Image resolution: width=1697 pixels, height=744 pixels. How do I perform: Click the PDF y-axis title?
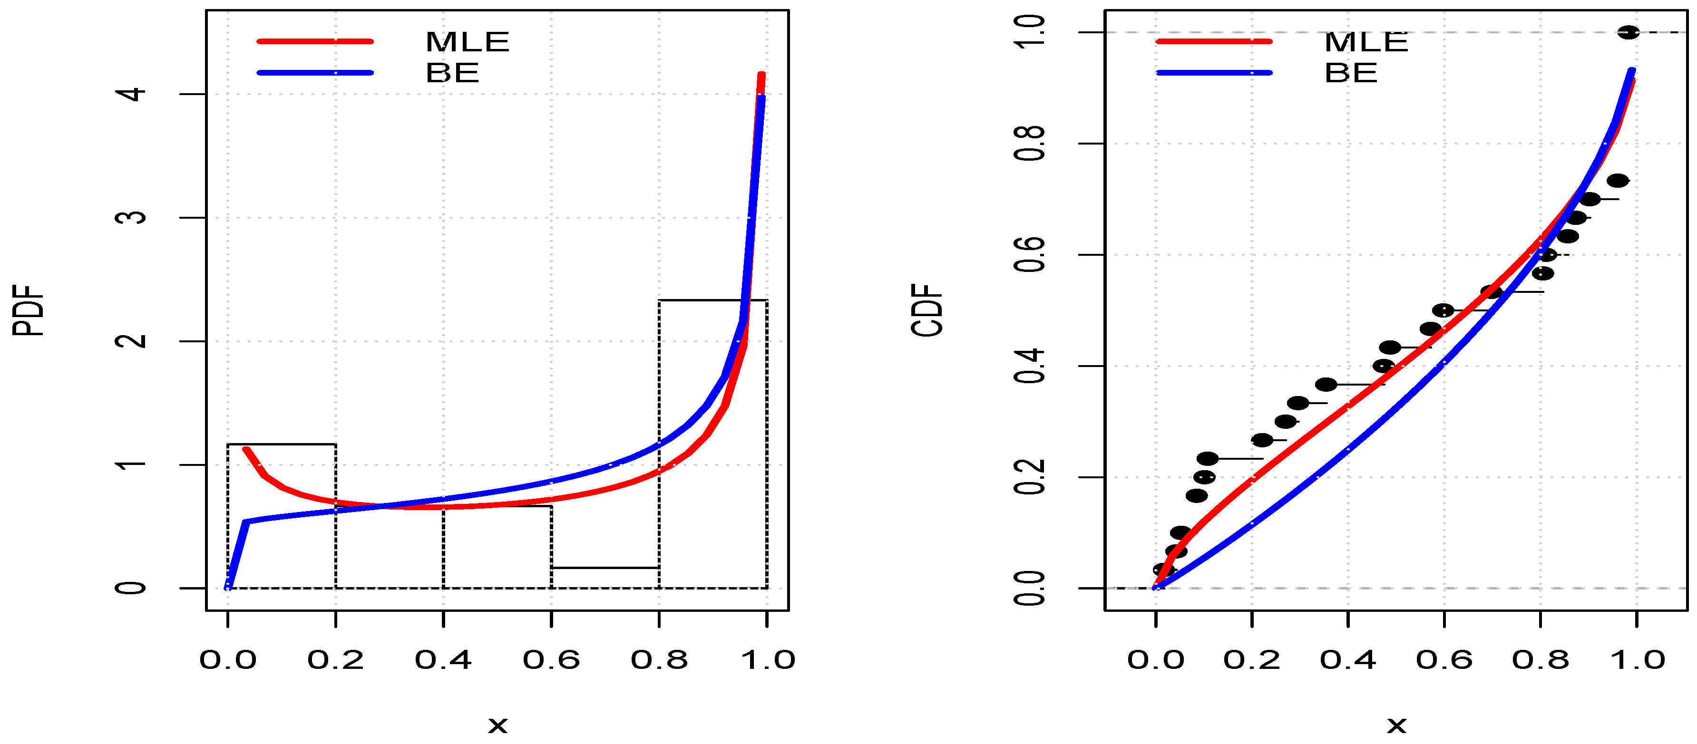(29, 310)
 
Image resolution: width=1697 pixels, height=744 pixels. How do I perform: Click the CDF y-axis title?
(927, 310)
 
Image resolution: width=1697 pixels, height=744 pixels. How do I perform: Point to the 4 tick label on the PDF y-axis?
(132, 94)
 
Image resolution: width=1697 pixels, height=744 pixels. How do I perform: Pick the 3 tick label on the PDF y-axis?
(132, 217)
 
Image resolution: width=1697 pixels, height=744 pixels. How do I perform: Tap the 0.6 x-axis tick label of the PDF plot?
(551, 660)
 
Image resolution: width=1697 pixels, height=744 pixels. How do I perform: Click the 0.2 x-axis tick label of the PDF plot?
(335, 660)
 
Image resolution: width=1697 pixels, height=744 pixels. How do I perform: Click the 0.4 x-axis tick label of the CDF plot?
(1348, 660)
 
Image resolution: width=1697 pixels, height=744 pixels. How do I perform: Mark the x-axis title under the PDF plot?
(498, 725)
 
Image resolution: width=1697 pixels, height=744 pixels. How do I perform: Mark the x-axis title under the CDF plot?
(1396, 725)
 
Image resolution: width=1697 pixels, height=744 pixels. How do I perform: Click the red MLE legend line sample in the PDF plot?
(315, 41)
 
